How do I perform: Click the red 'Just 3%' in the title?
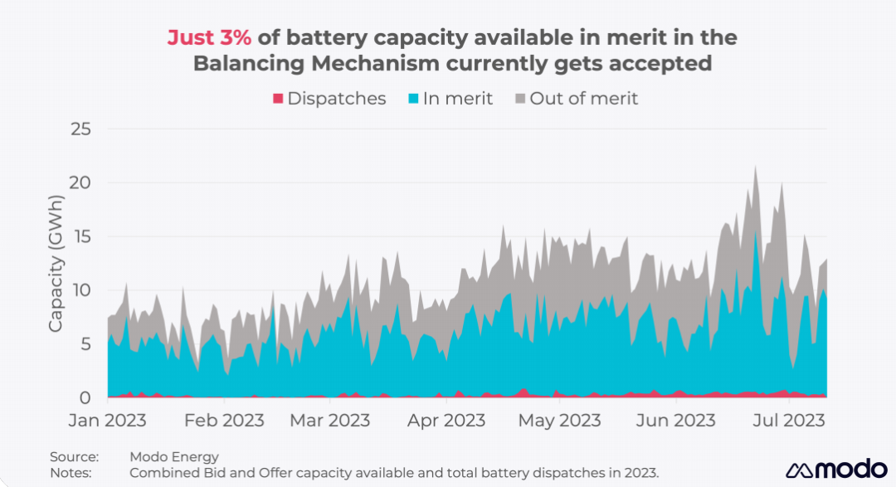pos(209,38)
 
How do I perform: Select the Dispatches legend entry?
pos(329,99)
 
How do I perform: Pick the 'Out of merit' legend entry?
pos(576,99)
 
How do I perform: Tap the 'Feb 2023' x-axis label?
pos(225,421)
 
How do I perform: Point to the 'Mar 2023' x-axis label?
pos(329,421)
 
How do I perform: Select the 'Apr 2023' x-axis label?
pos(446,421)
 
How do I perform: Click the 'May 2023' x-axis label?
pos(559,421)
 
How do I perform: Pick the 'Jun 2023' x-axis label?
pos(675,421)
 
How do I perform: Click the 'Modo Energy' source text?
pos(174,457)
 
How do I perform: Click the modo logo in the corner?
pos(836,469)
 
